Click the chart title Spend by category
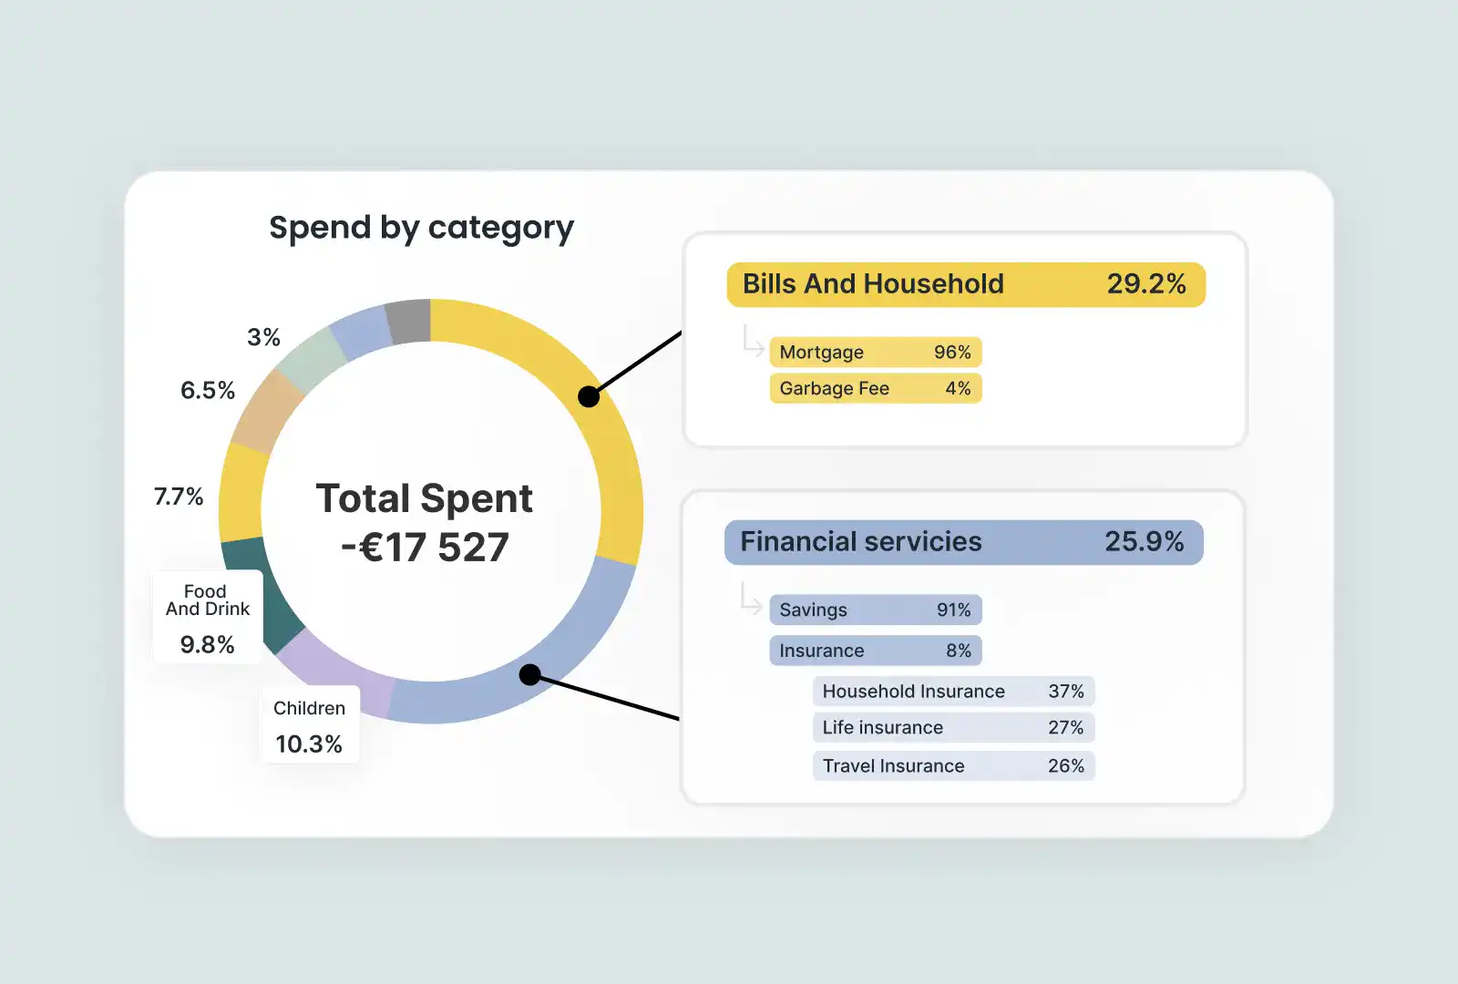(421, 228)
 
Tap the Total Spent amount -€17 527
(425, 548)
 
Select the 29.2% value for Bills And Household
(1145, 284)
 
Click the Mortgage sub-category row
(875, 353)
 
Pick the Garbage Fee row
(875, 389)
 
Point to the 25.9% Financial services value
(1144, 542)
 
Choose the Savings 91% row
(875, 610)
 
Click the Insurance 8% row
(875, 651)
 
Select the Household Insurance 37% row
(953, 692)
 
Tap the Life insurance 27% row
(953, 728)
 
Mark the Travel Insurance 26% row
(953, 766)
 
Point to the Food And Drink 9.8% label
(208, 618)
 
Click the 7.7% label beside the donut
(179, 497)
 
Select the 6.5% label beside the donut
(208, 391)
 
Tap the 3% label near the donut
(263, 338)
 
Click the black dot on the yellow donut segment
(589, 396)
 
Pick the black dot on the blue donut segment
(529, 675)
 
